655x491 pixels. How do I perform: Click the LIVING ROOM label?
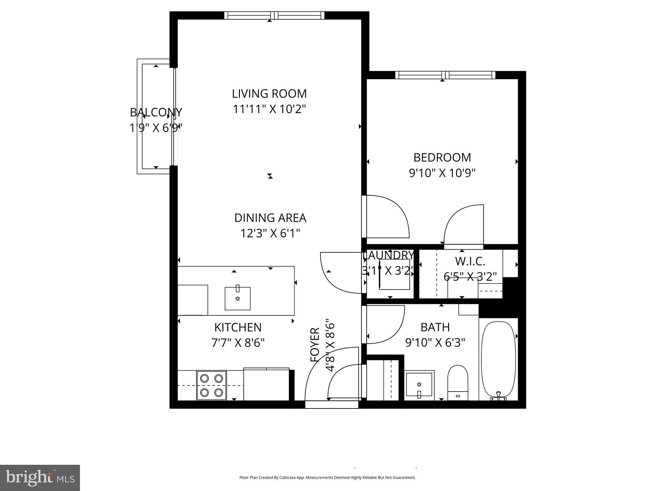click(269, 94)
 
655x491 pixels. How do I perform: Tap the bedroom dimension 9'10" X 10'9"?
click(442, 173)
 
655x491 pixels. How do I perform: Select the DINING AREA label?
click(270, 218)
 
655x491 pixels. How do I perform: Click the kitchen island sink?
click(237, 298)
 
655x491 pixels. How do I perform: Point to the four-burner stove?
click(211, 385)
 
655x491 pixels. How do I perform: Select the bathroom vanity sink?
click(419, 385)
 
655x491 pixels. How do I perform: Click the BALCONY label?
click(156, 113)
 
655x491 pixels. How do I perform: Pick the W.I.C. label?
click(470, 261)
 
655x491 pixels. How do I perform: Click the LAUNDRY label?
click(388, 255)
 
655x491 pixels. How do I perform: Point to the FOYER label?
click(315, 345)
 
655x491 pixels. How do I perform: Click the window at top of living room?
click(274, 15)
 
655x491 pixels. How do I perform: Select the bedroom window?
click(445, 75)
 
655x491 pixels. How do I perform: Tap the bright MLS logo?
click(40, 478)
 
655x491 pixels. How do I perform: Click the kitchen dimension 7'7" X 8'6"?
click(238, 343)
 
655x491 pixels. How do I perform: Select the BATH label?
click(435, 327)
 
